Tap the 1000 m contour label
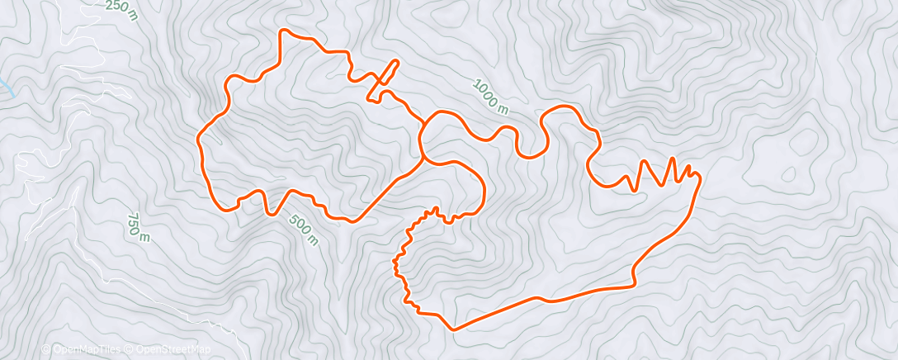coord(491,95)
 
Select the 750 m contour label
coord(138,227)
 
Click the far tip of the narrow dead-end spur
coord(396,62)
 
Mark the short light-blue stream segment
coord(7,86)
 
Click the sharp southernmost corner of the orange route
coord(452,329)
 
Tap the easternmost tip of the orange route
coord(700,176)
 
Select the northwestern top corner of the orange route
coord(285,31)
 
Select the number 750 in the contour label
coord(135,223)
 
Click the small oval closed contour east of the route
coord(788,174)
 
